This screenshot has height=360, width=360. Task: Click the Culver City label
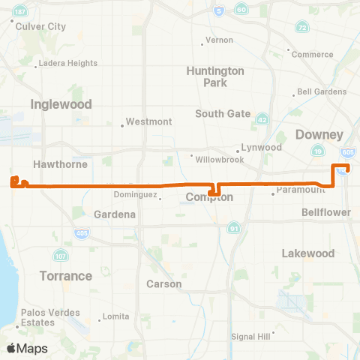click(x=46, y=26)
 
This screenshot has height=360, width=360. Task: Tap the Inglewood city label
click(x=61, y=104)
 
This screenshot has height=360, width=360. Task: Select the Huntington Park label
click(x=214, y=76)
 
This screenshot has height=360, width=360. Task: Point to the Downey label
click(x=319, y=135)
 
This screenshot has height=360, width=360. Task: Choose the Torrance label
click(x=66, y=275)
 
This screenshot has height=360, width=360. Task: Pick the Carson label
click(x=164, y=284)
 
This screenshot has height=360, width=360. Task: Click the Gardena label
click(x=115, y=214)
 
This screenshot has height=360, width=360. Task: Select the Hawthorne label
click(x=61, y=163)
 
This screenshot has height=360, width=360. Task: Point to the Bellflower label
click(x=326, y=213)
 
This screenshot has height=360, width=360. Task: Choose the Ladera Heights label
click(x=67, y=63)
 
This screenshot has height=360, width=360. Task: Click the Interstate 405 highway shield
click(x=79, y=234)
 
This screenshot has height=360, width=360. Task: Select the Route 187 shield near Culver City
click(x=19, y=12)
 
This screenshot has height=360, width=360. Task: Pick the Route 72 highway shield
click(x=301, y=27)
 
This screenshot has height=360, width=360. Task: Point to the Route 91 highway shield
click(x=234, y=228)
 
